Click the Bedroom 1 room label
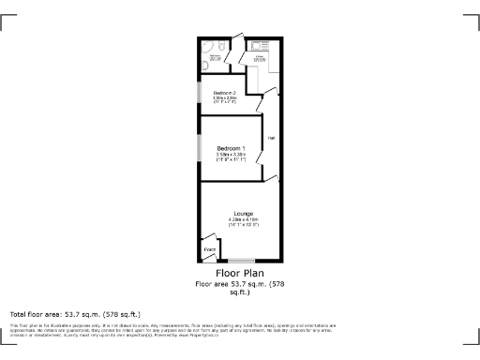[231, 149]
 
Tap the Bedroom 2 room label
[224, 93]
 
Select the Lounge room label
[244, 213]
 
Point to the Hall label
[271, 139]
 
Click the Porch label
[209, 249]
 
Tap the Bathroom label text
[215, 57]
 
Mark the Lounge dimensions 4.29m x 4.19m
[244, 219]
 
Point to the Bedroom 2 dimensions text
[224, 99]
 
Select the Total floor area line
[75, 313]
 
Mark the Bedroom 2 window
[198, 95]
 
